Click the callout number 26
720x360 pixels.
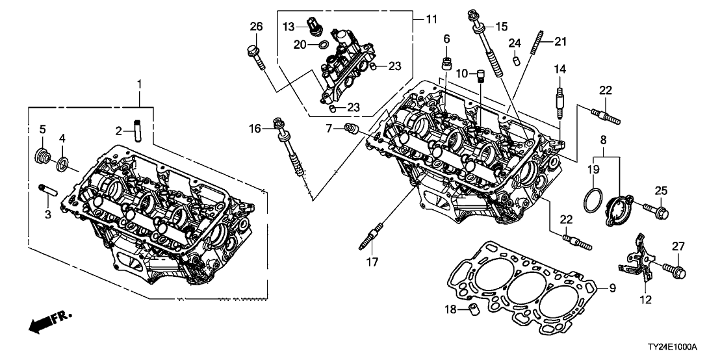(x=257, y=26)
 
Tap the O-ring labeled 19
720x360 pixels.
(x=593, y=199)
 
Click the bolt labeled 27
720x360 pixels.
(x=673, y=267)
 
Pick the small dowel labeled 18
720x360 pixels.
(x=472, y=307)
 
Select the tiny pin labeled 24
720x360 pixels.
(x=516, y=61)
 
